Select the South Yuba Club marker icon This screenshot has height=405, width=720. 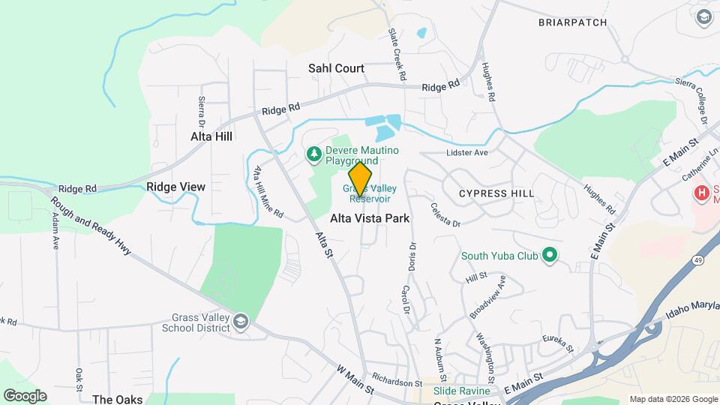tap(550, 256)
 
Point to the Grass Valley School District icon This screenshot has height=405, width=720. tap(240, 322)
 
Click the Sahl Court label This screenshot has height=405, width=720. tap(336, 68)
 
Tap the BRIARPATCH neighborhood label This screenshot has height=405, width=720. tap(572, 22)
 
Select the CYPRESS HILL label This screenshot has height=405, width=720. tap(497, 193)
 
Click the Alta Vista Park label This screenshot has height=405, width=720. tap(370, 218)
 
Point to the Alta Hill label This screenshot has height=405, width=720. tap(211, 136)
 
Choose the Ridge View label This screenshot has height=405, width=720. tap(175, 187)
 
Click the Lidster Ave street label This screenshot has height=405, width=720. tap(467, 153)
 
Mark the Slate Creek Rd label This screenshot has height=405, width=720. tap(396, 55)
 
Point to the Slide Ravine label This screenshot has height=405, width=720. tap(461, 391)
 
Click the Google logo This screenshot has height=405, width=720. tap(25, 396)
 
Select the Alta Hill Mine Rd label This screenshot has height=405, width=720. tap(268, 191)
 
